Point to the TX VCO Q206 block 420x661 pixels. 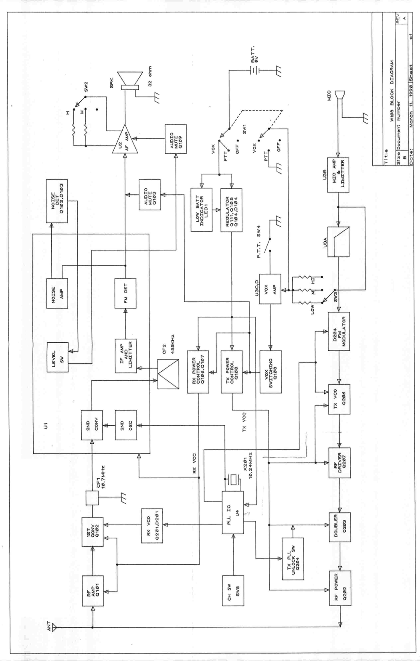coord(339,400)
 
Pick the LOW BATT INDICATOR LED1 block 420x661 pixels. coord(201,210)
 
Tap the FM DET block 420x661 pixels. coord(125,293)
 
